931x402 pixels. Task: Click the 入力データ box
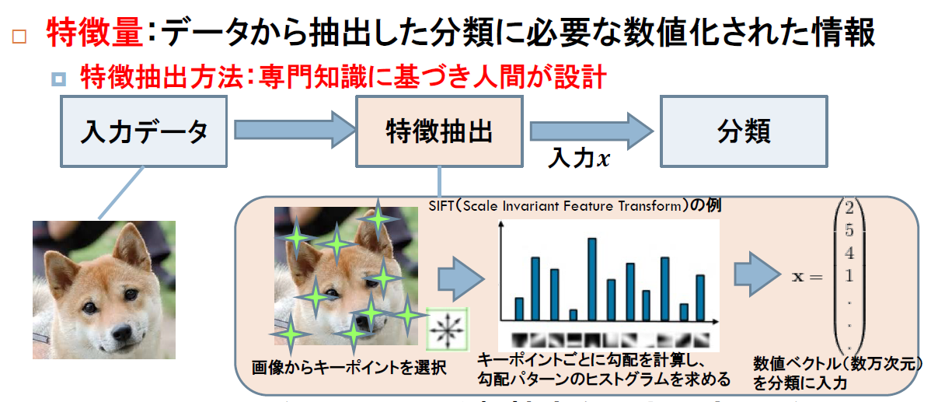(145, 132)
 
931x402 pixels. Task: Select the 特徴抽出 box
(440, 132)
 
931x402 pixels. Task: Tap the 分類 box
(743, 132)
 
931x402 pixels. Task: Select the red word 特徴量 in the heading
(95, 33)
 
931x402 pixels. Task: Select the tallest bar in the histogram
(591, 279)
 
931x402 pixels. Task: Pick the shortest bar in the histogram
(574, 315)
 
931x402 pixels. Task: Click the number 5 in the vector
(849, 230)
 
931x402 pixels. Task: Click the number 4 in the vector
(849, 253)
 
